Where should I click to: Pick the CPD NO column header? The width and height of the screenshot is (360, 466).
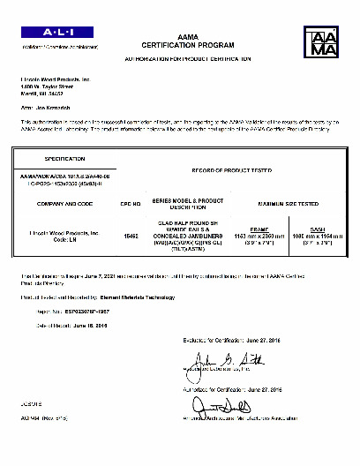(x=131, y=202)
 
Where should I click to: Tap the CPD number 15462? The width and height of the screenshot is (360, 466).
(x=131, y=237)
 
